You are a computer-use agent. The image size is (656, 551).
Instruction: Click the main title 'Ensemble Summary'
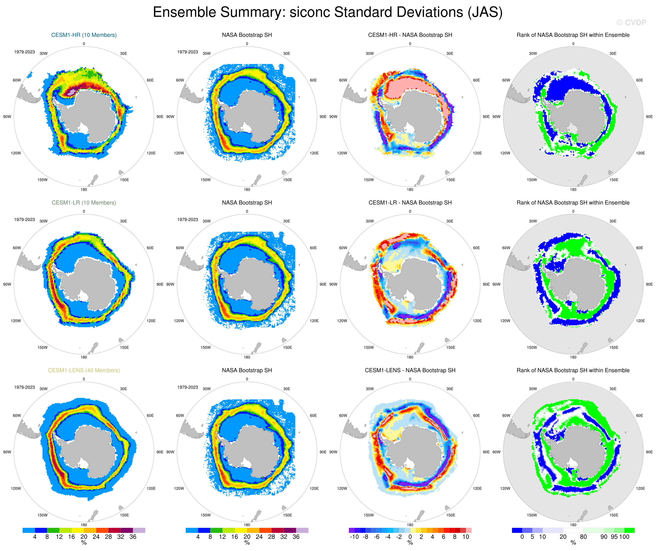pyautogui.click(x=327, y=13)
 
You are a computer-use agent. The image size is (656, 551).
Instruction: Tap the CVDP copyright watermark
pyautogui.click(x=631, y=22)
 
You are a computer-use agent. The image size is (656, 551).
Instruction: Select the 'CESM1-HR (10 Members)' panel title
pyautogui.click(x=84, y=35)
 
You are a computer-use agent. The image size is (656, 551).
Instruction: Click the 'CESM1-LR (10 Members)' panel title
pyautogui.click(x=84, y=203)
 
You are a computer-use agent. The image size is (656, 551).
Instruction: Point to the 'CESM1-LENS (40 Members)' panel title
pyautogui.click(x=84, y=370)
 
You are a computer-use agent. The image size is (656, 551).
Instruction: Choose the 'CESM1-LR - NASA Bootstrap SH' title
pyautogui.click(x=410, y=203)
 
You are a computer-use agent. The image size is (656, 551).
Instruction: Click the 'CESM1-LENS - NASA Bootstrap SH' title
pyautogui.click(x=410, y=370)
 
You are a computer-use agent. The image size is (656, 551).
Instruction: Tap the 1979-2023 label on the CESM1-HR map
pyautogui.click(x=24, y=52)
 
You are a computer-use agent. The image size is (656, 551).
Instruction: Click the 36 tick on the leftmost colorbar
pyautogui.click(x=133, y=537)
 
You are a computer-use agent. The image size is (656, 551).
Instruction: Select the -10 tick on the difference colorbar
pyautogui.click(x=354, y=537)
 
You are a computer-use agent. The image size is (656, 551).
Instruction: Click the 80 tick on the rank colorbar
pyautogui.click(x=583, y=537)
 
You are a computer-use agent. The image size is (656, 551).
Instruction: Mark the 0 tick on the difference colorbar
pyautogui.click(x=410, y=537)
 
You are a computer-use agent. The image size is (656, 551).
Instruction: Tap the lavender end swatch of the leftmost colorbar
pyautogui.click(x=139, y=530)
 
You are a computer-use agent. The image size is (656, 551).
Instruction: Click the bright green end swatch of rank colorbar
pyautogui.click(x=629, y=530)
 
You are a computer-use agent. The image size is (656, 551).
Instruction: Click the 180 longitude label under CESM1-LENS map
pyautogui.click(x=84, y=525)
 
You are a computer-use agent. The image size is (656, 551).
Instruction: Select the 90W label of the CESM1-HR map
pyautogui.click(x=7, y=117)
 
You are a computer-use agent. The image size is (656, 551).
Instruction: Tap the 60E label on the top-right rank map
pyautogui.click(x=639, y=80)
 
